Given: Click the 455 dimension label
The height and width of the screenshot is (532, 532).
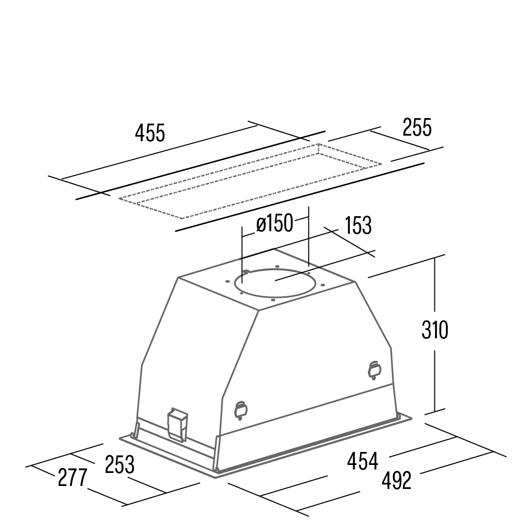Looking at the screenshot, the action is [150, 133].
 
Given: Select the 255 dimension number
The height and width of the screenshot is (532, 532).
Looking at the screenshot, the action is [417, 127].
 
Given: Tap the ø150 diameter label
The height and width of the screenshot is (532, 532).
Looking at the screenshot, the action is [274, 224].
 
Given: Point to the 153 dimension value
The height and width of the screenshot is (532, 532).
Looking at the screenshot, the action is [358, 226].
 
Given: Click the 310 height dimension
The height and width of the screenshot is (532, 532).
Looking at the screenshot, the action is [434, 330].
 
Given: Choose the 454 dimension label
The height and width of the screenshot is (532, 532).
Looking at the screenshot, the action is [362, 461].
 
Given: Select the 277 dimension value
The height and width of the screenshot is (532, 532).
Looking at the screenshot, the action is [72, 477].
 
